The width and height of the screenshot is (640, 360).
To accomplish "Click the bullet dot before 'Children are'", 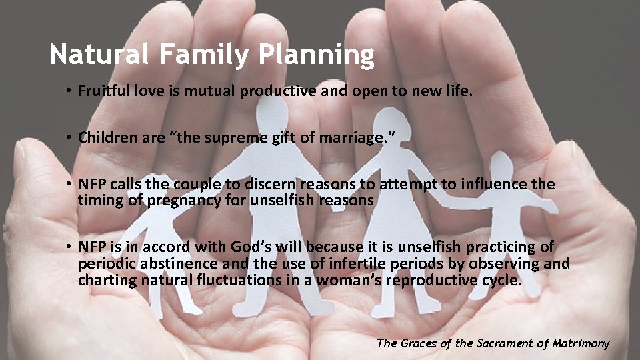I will click(x=69, y=138).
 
